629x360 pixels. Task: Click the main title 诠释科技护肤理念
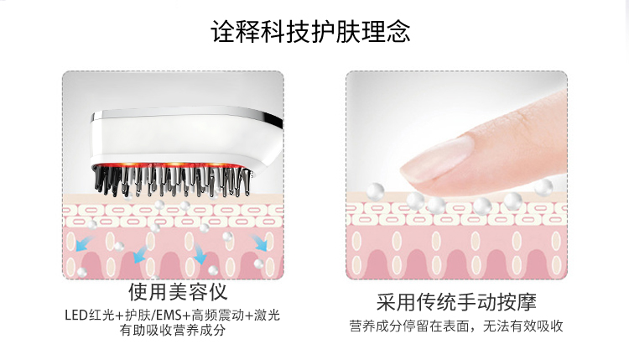(314, 33)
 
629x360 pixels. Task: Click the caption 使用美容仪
(177, 292)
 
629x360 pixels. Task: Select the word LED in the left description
(75, 316)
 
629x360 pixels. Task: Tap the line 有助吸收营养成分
(173, 331)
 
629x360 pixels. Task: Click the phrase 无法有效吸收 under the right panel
(522, 326)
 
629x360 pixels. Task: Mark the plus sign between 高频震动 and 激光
(250, 316)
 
